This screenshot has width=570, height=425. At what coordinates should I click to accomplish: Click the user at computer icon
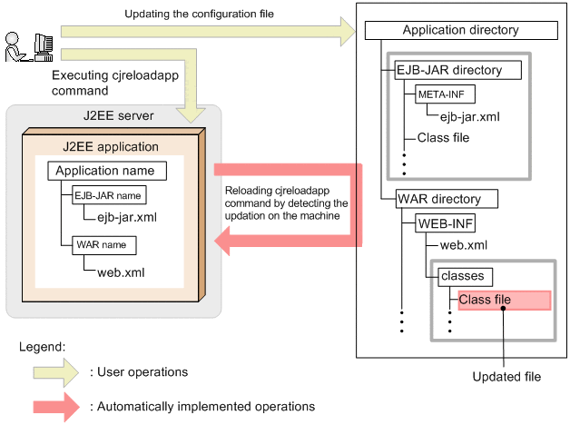(27, 45)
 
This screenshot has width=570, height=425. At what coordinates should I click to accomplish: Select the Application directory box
(460, 30)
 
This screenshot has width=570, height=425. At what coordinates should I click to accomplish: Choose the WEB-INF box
(446, 222)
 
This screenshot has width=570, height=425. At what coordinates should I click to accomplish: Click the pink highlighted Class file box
(505, 300)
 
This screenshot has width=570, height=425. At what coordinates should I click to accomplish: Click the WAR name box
(99, 245)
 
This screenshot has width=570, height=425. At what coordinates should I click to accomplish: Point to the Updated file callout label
(505, 376)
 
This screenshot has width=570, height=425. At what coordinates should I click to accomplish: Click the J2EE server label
(113, 115)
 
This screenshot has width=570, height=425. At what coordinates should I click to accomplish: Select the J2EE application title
(111, 146)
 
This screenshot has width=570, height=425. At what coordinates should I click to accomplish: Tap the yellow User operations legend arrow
(55, 372)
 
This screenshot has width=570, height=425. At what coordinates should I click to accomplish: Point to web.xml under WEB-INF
(464, 245)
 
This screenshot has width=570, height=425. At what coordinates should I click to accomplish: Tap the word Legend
(42, 347)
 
